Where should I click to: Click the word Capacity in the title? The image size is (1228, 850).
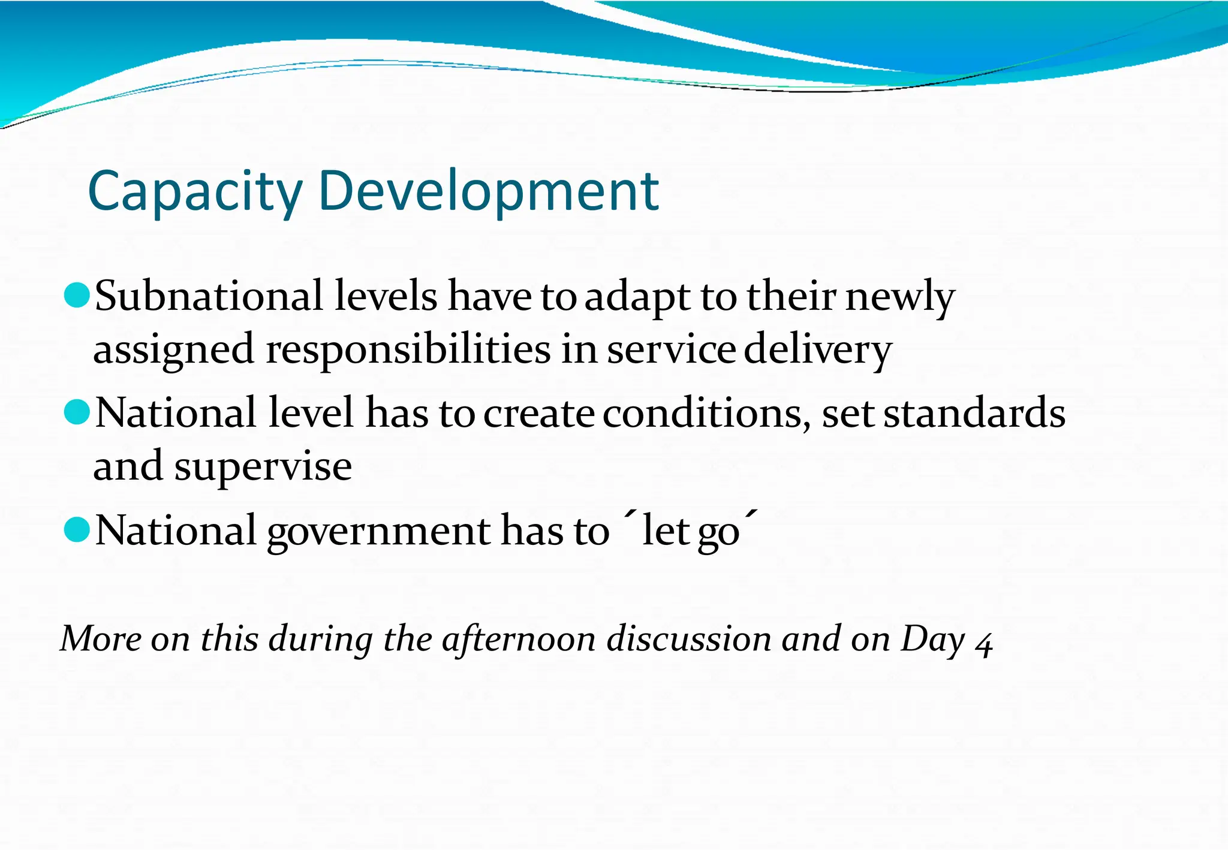(195, 192)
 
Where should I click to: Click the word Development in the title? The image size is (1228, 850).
(489, 192)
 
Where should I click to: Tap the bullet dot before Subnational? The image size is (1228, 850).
(76, 295)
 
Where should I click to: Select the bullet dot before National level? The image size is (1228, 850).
(76, 412)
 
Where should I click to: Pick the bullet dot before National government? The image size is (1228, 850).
(76, 529)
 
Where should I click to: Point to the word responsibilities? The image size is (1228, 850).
(408, 350)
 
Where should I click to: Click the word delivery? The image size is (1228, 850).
(818, 350)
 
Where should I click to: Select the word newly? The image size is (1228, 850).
(899, 296)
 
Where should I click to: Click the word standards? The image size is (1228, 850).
(974, 414)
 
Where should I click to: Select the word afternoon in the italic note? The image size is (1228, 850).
(518, 639)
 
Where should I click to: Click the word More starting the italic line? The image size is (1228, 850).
(101, 639)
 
